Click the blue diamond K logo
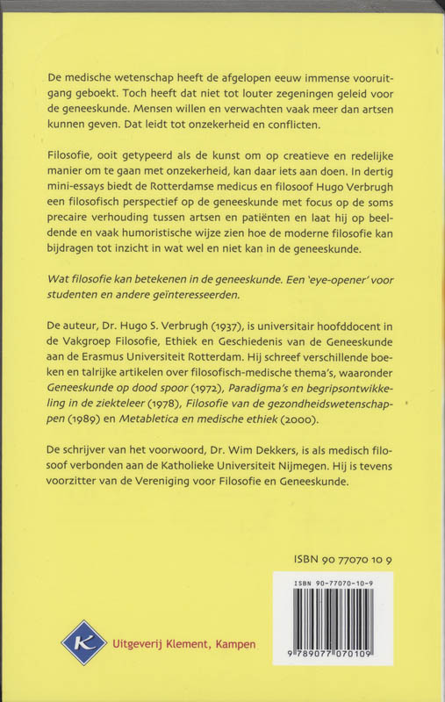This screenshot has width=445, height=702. click(83, 642)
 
